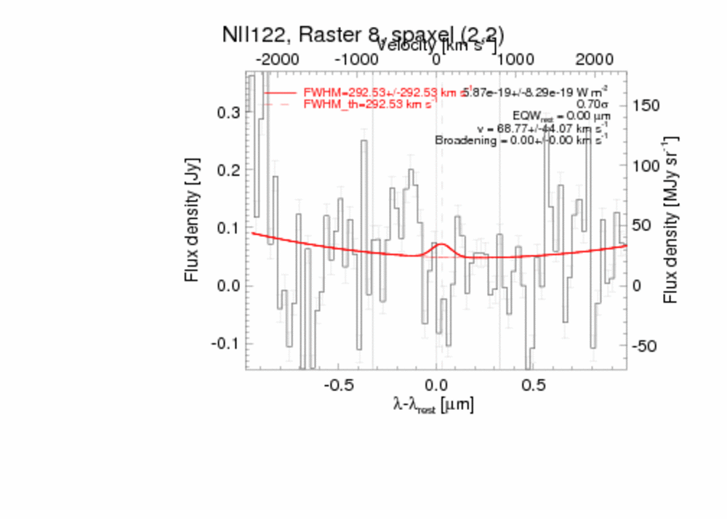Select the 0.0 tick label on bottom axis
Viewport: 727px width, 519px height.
[436, 383]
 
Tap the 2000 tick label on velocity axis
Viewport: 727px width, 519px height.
[594, 59]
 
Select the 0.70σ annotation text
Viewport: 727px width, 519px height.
[592, 104]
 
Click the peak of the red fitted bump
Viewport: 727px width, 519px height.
[441, 244]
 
